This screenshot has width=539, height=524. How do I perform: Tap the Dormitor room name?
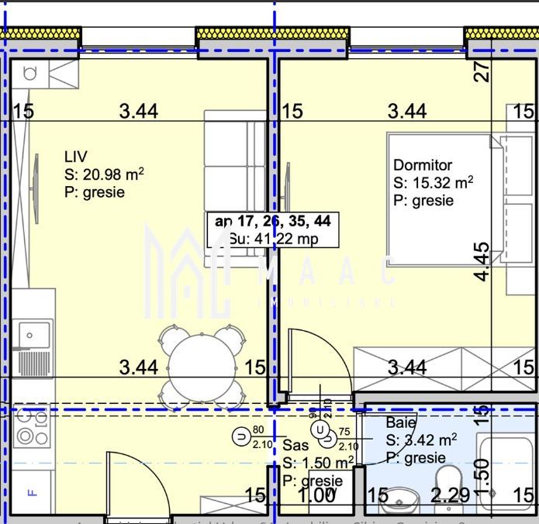click(423, 165)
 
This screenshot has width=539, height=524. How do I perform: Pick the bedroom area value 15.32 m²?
click(434, 184)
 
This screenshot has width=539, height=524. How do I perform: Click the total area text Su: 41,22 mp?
click(272, 239)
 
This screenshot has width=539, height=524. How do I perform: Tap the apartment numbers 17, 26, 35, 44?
click(273, 222)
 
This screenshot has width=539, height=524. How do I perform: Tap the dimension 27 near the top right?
click(483, 72)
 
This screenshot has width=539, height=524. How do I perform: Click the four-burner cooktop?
click(31, 427)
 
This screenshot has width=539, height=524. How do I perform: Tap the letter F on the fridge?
click(32, 492)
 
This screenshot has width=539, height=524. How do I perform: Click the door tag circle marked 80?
click(242, 436)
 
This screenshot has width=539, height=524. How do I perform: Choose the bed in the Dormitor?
click(438, 205)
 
